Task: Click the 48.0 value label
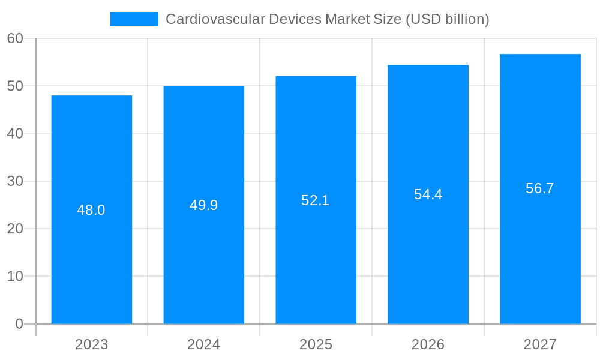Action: [x=91, y=210]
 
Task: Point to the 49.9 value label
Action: [x=204, y=205]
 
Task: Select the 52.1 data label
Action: [x=316, y=200]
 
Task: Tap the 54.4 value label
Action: [x=428, y=194]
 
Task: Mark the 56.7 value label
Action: [x=540, y=188]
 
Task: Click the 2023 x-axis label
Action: [x=92, y=344]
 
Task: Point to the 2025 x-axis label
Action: [x=316, y=344]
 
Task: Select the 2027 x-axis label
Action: [x=540, y=344]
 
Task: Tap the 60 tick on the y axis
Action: [x=15, y=38]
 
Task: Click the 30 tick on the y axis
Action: [x=15, y=181]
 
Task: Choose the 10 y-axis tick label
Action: [x=15, y=276]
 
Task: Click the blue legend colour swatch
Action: [x=134, y=19]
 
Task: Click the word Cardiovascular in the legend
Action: [x=202, y=19]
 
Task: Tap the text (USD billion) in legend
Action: [x=448, y=19]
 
